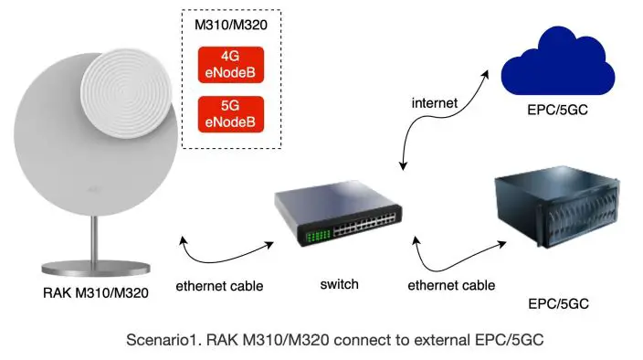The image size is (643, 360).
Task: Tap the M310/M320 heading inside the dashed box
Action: click(231, 25)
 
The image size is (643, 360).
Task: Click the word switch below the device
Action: click(338, 284)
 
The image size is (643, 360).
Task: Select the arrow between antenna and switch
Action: click(225, 248)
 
